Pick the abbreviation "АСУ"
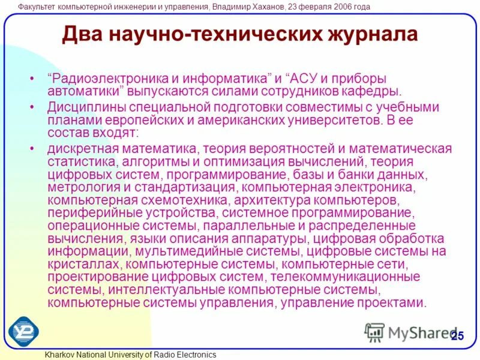pyautogui.click(x=307, y=79)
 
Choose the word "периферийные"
pyautogui.click(x=87, y=212)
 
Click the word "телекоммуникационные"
pyautogui.click(x=345, y=277)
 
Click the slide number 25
pyautogui.click(x=457, y=335)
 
